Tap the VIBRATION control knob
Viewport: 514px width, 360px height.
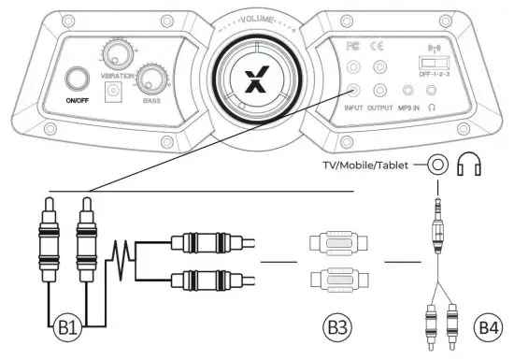point(119,52)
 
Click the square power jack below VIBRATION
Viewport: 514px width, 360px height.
point(118,92)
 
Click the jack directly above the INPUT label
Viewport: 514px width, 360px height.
point(353,92)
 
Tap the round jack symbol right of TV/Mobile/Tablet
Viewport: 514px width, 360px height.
point(437,166)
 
